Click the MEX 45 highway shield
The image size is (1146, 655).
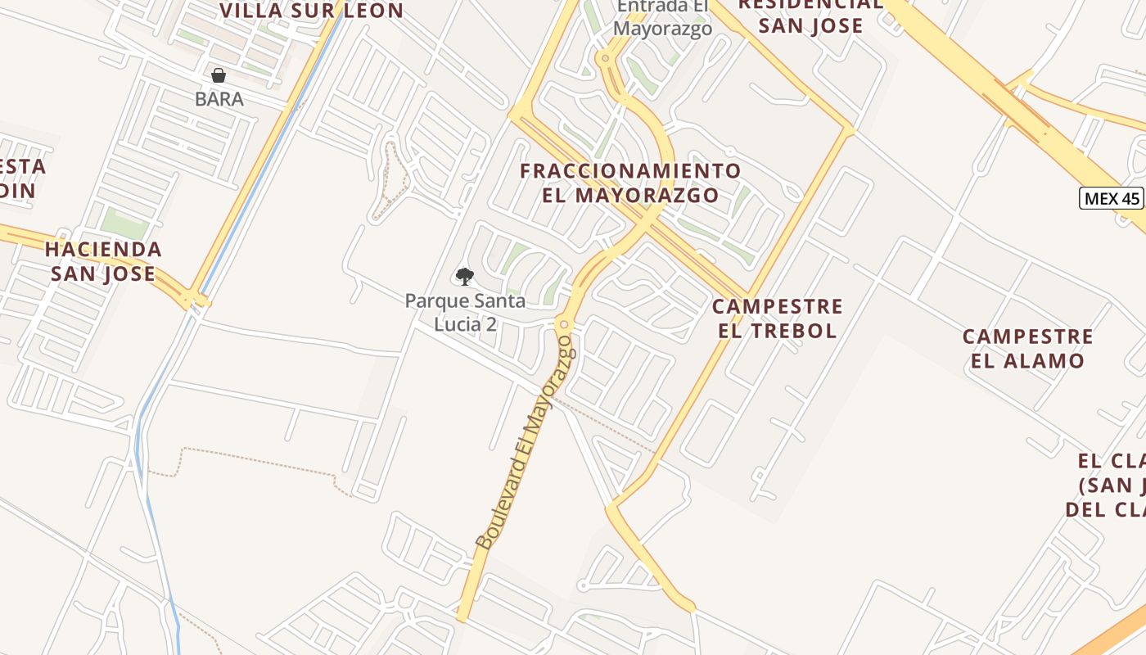[1111, 198]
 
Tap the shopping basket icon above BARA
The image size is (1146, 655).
[219, 76]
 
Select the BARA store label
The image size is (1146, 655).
[219, 99]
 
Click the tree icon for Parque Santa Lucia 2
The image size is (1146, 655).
[465, 277]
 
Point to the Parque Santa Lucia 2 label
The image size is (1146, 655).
[465, 312]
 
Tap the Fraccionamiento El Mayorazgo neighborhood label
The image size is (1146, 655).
[631, 183]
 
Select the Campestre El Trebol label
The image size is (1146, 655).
[777, 318]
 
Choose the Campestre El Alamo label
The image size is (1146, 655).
[1027, 348]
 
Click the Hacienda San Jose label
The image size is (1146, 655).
[103, 261]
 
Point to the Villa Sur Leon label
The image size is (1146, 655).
[312, 11]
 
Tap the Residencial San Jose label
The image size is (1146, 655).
[810, 16]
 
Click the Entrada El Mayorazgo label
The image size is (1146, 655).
[663, 17]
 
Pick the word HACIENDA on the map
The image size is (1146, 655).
[103, 249]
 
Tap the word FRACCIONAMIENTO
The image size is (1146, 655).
[631, 171]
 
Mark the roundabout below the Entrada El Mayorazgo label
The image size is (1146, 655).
[606, 58]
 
